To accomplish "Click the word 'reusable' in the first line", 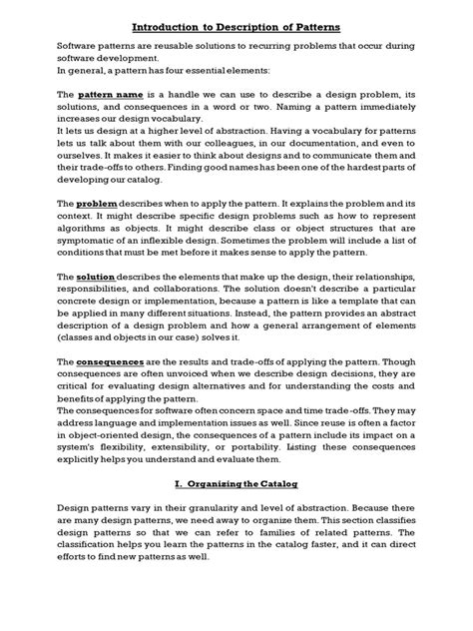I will (185, 47).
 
